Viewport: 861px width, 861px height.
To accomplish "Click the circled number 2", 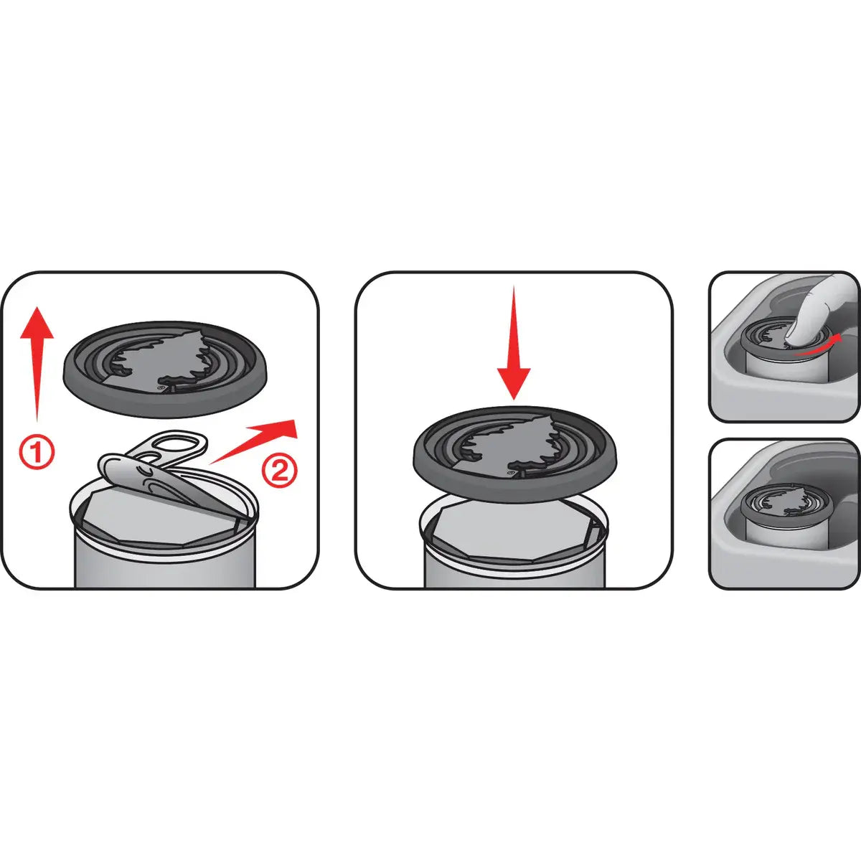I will [x=278, y=471].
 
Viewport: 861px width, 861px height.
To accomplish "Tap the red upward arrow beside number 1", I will [x=37, y=359].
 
